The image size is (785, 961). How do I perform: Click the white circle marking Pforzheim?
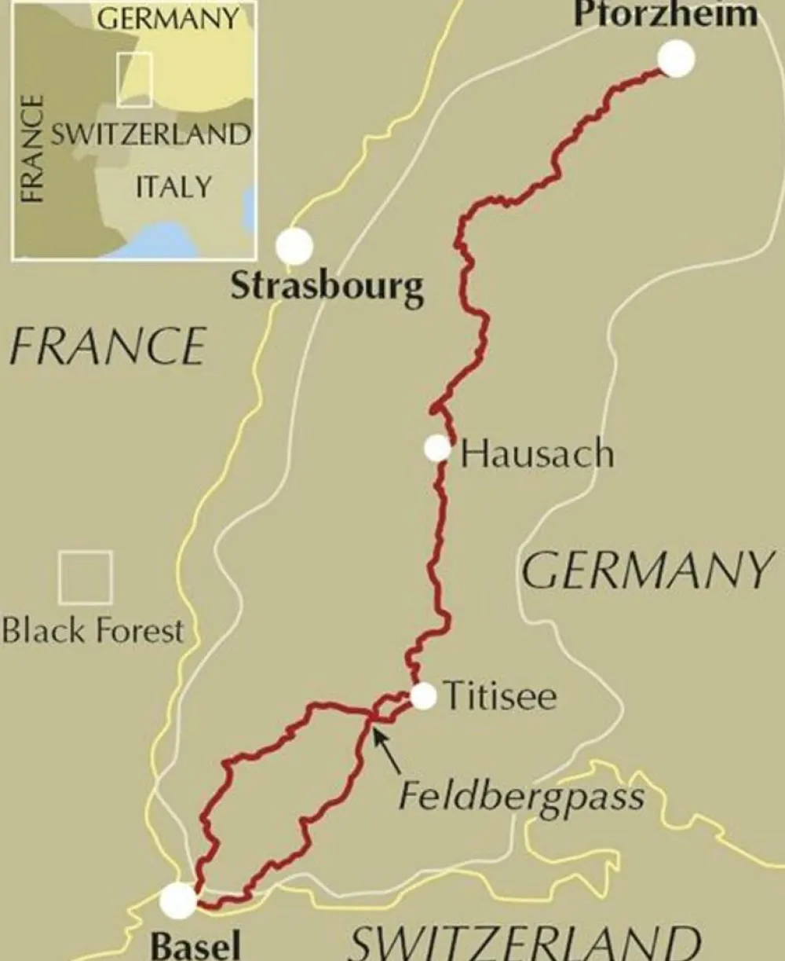point(676,59)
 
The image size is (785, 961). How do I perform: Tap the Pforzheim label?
point(665,14)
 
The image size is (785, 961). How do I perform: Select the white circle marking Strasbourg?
point(294,247)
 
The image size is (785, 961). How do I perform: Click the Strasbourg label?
point(327,288)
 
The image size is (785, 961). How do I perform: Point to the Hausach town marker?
point(437,448)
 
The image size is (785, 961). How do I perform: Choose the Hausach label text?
point(537,454)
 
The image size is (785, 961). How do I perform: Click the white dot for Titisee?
point(423,696)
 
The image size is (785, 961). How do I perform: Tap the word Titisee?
point(500,697)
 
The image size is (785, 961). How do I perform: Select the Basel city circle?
point(178,900)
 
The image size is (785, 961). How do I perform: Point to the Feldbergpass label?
point(521,796)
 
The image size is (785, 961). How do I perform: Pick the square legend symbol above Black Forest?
point(86,578)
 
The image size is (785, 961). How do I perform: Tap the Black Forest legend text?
point(93,631)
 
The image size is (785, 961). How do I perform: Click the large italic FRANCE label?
point(108,347)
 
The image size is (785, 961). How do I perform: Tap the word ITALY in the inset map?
point(173,187)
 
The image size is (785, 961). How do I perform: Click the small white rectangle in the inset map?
point(134,79)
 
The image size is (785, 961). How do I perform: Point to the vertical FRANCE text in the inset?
point(32,149)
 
